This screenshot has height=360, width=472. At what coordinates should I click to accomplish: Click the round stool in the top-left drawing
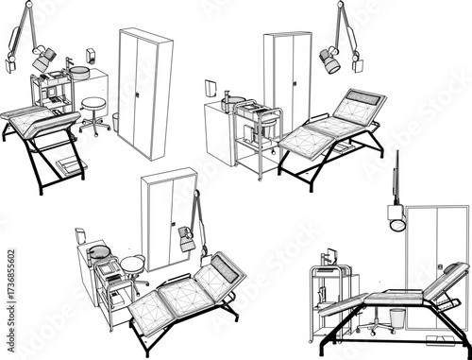(93, 105)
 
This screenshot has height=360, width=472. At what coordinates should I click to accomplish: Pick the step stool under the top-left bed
(70, 167)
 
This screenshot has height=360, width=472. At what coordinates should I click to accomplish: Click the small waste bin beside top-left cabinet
(115, 122)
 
